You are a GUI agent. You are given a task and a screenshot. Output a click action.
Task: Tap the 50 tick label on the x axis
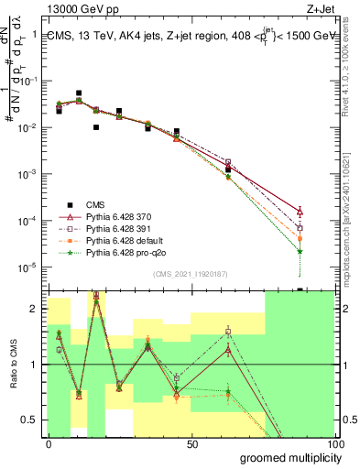192,443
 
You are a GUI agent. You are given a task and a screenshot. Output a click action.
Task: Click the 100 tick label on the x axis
334,443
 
